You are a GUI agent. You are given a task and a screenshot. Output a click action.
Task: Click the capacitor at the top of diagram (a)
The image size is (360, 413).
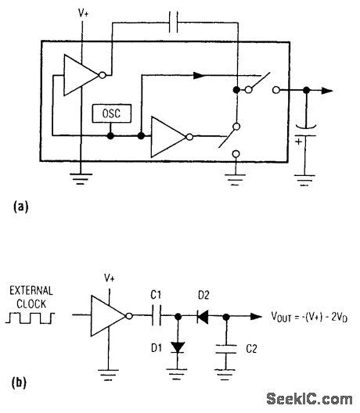point(177,23)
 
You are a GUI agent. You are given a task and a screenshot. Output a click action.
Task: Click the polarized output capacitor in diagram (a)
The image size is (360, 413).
point(304,128)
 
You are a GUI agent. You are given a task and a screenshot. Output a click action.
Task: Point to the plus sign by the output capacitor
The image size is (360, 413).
point(297,143)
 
